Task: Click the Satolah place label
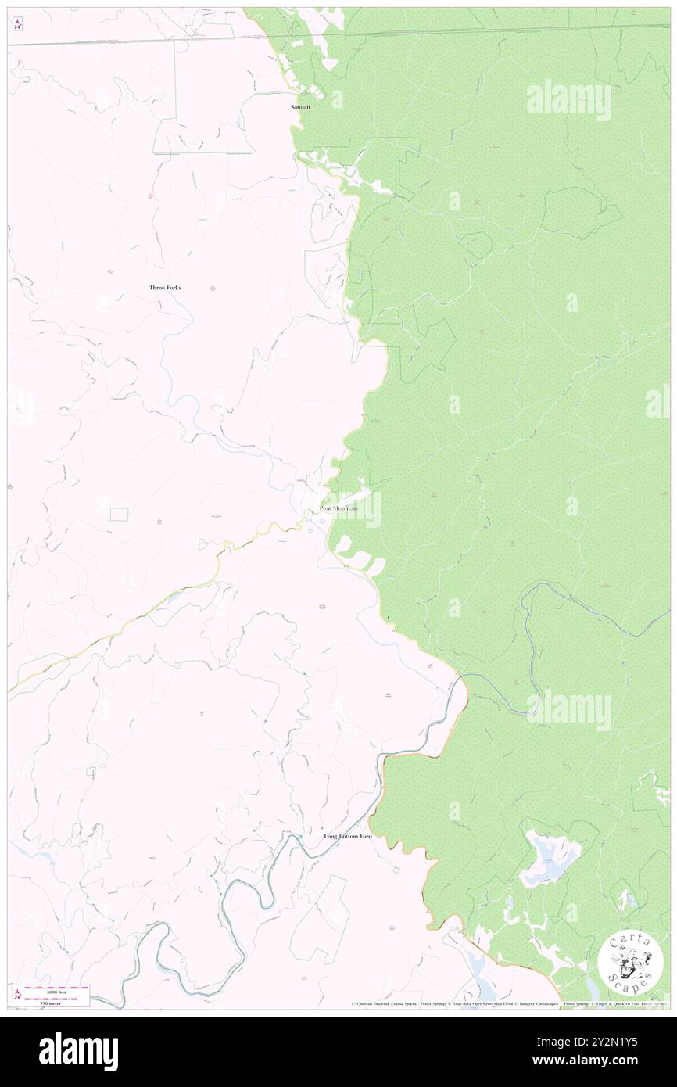coord(300,107)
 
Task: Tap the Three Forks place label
coord(165,288)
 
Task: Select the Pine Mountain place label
coord(338,509)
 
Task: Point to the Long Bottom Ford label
coord(348,836)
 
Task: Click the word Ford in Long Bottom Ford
coord(364,836)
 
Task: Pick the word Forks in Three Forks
coord(173,288)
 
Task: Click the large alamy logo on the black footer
coord(78,1052)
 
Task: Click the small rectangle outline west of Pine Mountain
coord(119,514)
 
